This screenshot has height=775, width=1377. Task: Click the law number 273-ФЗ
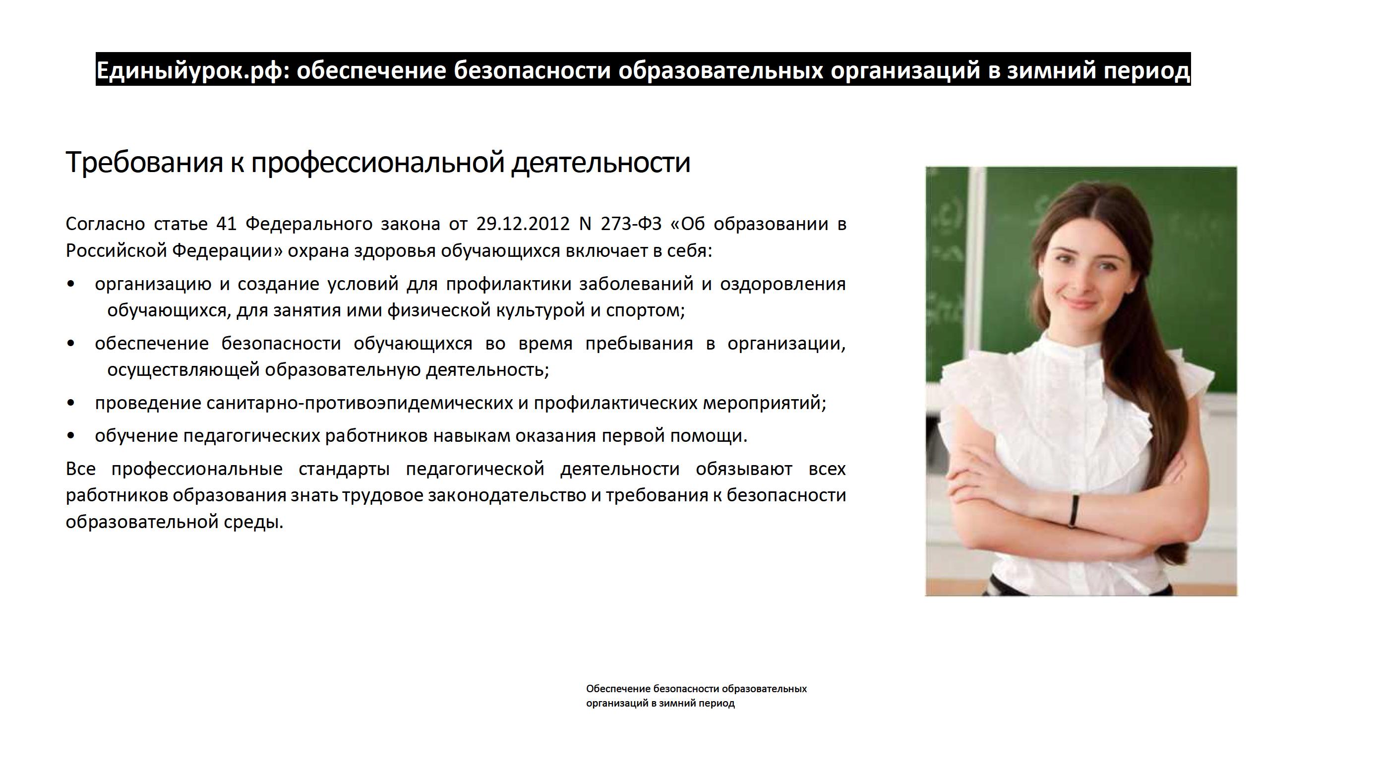click(631, 224)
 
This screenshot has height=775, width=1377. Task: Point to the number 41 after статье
click(226, 224)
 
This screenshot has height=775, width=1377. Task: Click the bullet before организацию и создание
click(70, 284)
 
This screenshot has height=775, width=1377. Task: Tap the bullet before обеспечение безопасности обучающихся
click(70, 344)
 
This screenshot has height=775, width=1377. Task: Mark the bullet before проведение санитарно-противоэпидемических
click(70, 404)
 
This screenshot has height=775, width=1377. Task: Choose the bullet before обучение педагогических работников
click(70, 436)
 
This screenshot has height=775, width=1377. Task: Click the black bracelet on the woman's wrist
click(1074, 510)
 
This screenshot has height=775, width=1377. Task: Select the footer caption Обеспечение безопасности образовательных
click(697, 688)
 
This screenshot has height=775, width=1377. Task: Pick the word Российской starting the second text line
click(117, 251)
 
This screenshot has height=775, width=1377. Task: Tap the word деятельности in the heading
click(601, 162)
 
